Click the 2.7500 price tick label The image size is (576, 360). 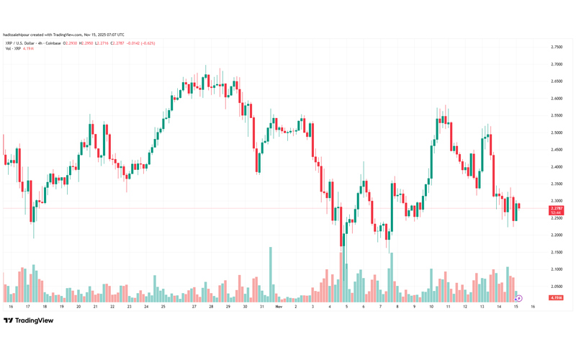(x=557, y=47)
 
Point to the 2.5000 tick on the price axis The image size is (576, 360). (x=557, y=132)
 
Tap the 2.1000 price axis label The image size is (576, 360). (x=557, y=269)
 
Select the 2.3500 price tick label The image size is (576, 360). (x=557, y=184)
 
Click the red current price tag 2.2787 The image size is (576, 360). (x=557, y=208)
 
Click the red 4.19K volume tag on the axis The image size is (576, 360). (x=557, y=297)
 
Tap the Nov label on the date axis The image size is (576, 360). (x=278, y=307)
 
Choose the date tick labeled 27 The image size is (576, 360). (x=194, y=307)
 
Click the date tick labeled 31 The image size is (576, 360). (x=261, y=307)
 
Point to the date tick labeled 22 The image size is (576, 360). (x=112, y=307)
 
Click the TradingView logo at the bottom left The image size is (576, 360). (x=29, y=321)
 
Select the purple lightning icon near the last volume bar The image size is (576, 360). (x=519, y=297)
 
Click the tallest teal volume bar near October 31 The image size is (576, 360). (x=270, y=274)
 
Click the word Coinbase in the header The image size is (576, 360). (x=53, y=43)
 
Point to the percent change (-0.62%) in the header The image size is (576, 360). (x=147, y=43)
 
